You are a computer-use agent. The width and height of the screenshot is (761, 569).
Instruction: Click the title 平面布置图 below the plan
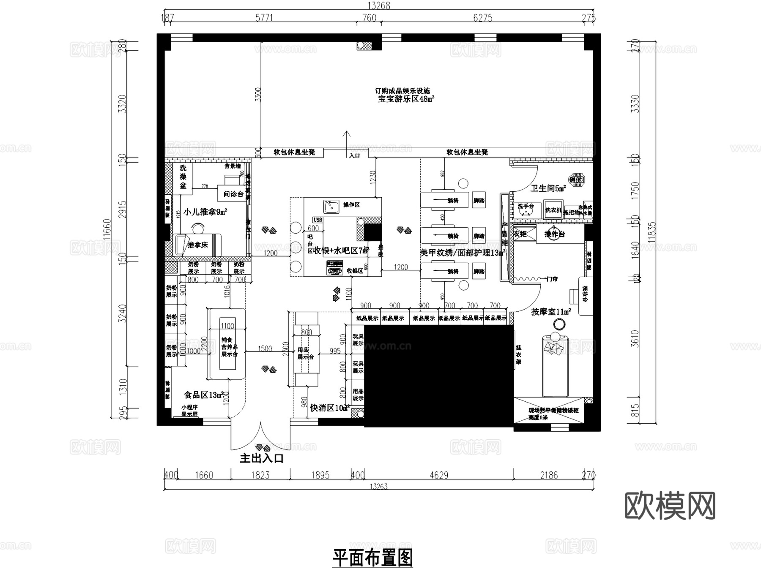pos(372,558)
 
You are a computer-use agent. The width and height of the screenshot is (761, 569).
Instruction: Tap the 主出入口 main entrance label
pos(261,458)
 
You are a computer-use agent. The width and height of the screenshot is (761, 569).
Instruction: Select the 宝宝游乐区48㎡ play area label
pos(406,99)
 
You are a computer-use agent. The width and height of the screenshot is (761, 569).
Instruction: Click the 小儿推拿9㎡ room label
pos(205,212)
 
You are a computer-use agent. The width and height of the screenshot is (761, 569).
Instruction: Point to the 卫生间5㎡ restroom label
pos(548,188)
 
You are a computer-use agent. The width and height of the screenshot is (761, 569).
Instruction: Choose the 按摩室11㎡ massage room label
pos(551,312)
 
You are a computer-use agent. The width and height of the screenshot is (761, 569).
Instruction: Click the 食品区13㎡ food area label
pos(203,395)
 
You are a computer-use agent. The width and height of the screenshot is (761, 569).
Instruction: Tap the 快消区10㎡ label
pos(329,408)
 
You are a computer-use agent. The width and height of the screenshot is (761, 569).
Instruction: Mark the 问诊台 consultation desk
pos(233,194)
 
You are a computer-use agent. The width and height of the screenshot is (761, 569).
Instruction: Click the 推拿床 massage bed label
pos(197,245)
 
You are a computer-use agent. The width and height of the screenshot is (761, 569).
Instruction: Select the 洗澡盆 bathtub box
pos(183,177)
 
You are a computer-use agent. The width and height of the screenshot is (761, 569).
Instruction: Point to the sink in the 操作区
pos(331,207)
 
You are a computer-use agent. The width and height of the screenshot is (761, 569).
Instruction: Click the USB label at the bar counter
pos(318,220)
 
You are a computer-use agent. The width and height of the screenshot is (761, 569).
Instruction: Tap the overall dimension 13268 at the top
pos(379,5)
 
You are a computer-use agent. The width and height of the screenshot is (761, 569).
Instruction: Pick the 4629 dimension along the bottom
pos(438,476)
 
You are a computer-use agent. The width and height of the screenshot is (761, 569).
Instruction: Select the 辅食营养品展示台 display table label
pos(229,347)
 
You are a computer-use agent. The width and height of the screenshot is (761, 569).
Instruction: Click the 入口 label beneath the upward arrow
pos(354,155)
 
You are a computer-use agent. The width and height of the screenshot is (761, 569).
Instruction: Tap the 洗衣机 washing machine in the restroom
pos(553,210)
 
